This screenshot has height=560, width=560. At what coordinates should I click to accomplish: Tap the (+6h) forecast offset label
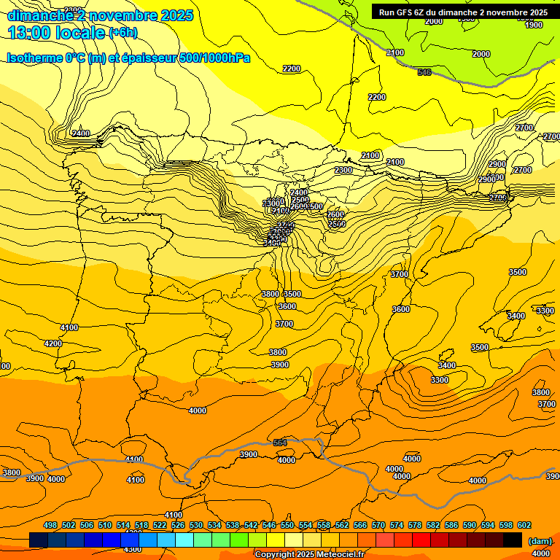point(122,33)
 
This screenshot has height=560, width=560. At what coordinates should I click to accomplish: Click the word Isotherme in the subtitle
point(34,58)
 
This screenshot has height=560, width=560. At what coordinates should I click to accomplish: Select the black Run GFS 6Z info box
point(463,12)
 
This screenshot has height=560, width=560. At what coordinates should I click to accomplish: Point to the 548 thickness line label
point(424,72)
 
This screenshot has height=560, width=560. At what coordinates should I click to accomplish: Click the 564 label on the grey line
point(280,443)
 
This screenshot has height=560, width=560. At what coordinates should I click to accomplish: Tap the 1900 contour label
point(534,25)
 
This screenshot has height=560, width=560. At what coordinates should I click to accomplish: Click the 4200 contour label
point(52,343)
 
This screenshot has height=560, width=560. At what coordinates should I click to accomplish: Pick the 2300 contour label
point(343,170)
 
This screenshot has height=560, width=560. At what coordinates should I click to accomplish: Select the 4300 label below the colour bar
point(132,549)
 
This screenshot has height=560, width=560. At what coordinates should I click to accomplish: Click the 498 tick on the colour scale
point(50,525)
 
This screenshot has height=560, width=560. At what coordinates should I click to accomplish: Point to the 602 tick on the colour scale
point(524,525)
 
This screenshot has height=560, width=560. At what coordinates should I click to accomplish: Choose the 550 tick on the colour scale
point(287,525)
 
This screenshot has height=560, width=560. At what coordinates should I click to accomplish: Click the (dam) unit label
point(539,540)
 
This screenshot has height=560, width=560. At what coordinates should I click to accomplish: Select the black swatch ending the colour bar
point(513,540)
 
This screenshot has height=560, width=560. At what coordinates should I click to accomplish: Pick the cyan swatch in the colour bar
point(184,540)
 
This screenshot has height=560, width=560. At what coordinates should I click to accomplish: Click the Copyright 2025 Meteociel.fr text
point(308,554)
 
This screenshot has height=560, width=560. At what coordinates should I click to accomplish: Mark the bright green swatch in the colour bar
point(239,540)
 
